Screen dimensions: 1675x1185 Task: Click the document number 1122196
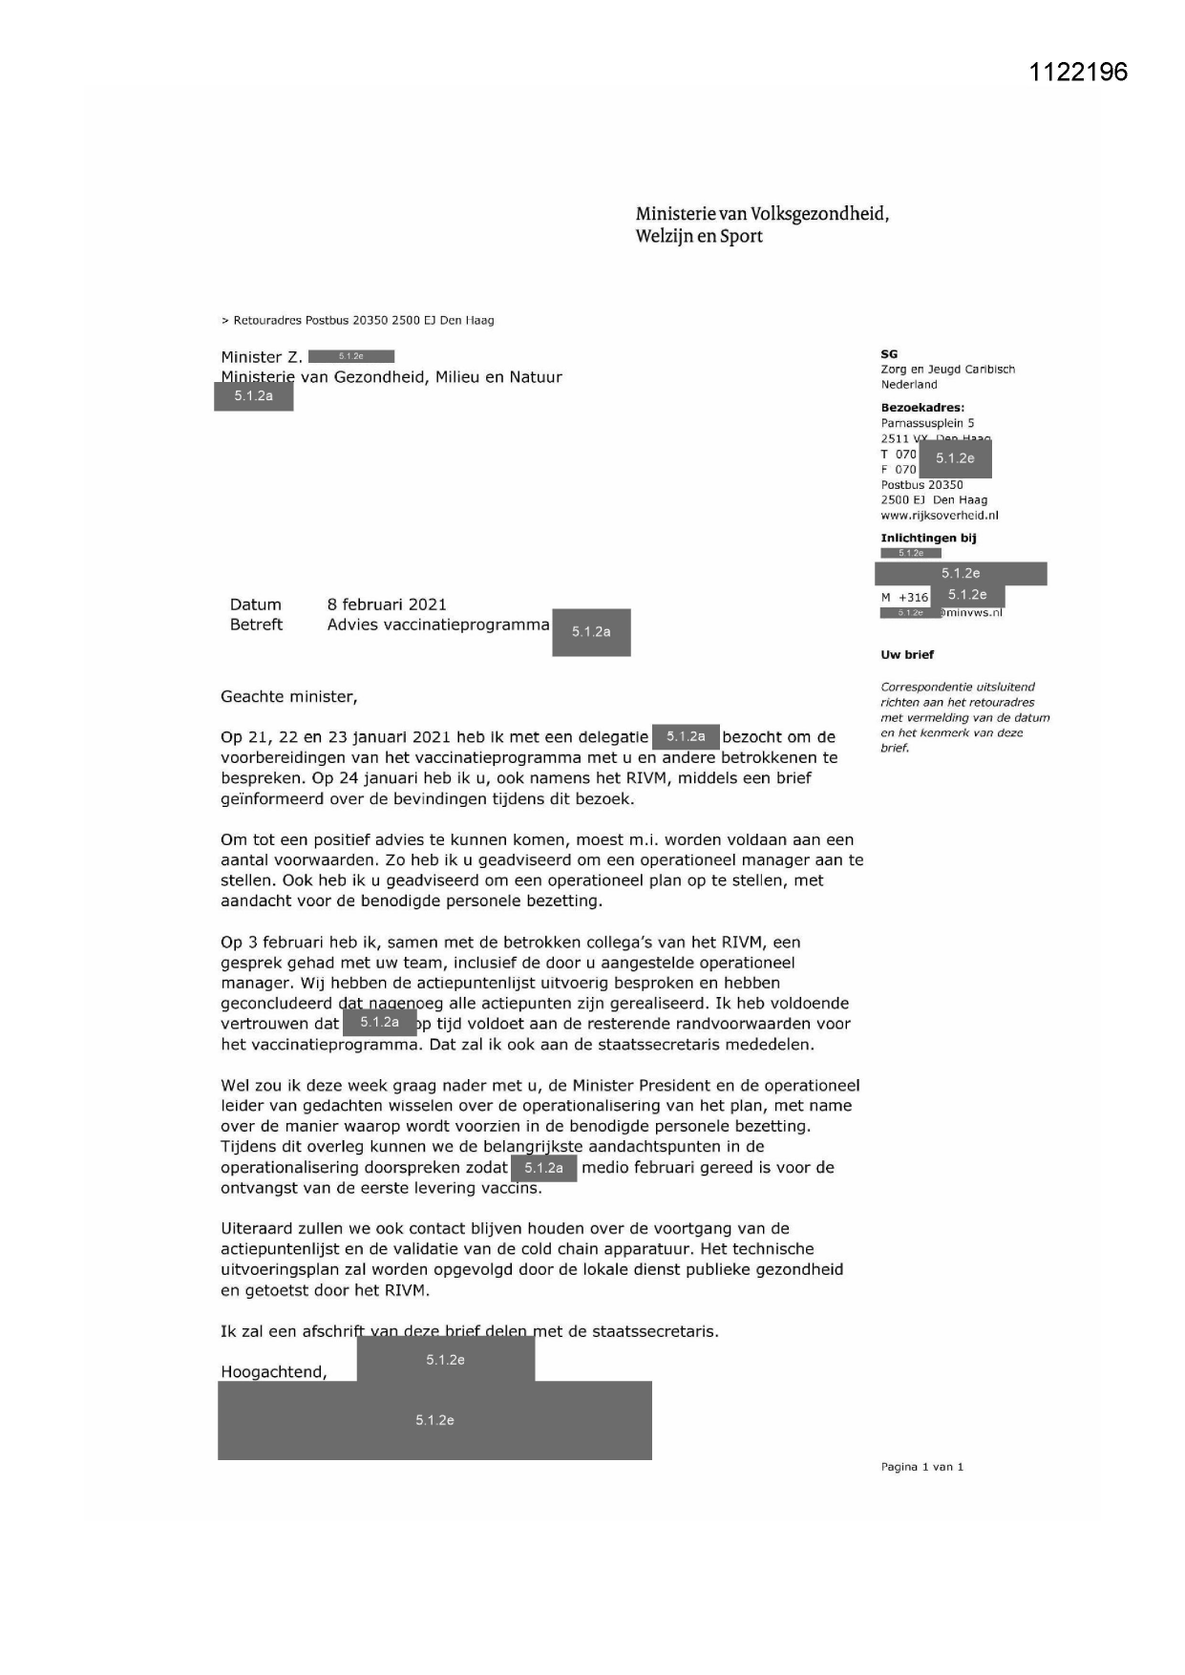coord(1078,72)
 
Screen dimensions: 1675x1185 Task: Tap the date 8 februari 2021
coord(387,604)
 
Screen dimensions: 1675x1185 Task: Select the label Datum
coord(256,604)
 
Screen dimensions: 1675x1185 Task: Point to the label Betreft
coord(256,625)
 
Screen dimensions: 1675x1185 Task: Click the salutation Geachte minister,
coord(289,697)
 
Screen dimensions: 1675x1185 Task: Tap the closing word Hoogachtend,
coord(274,1372)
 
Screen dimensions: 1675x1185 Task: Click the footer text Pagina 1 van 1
coord(921,1467)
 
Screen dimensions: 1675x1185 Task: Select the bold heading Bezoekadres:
coord(922,408)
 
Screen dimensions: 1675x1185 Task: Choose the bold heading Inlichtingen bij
coord(928,539)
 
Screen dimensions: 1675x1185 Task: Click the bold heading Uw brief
coord(907,655)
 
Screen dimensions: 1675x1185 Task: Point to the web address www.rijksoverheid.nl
coord(940,516)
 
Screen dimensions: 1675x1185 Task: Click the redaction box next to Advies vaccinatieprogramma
coord(591,632)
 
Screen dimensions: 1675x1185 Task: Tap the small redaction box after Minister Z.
coord(351,356)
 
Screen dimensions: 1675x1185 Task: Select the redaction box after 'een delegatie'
coord(686,737)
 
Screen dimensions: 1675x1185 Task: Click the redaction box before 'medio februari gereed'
coord(543,1168)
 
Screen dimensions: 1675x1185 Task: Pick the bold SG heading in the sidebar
coord(889,354)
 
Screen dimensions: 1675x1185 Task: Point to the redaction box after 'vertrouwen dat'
coord(379,1023)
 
